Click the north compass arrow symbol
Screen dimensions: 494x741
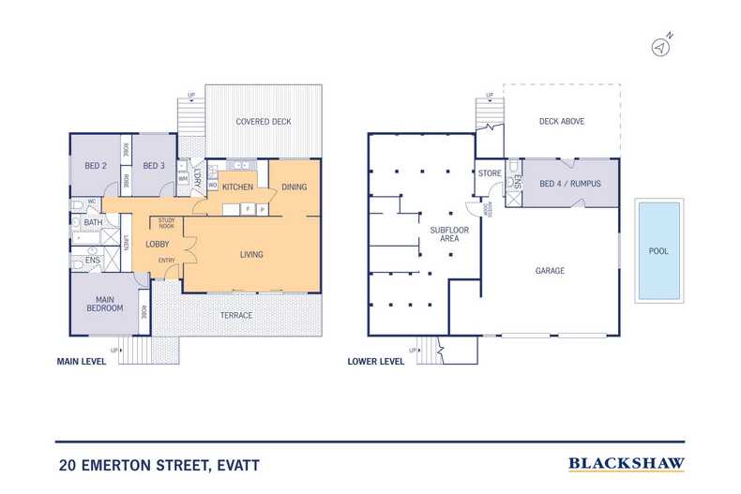pos(662,46)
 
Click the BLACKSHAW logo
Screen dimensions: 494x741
pos(627,463)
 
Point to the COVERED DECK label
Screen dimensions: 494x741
pos(264,122)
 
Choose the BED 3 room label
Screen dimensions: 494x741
pos(154,165)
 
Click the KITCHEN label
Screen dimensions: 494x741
pos(237,187)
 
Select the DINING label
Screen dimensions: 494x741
pos(294,187)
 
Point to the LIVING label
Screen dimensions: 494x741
pos(251,254)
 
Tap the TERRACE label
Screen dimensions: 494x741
pos(236,315)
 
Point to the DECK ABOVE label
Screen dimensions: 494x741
pos(562,122)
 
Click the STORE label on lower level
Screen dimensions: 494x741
pos(490,173)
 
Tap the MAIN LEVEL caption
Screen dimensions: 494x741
pos(80,361)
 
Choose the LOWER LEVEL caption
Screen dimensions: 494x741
pos(375,361)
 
